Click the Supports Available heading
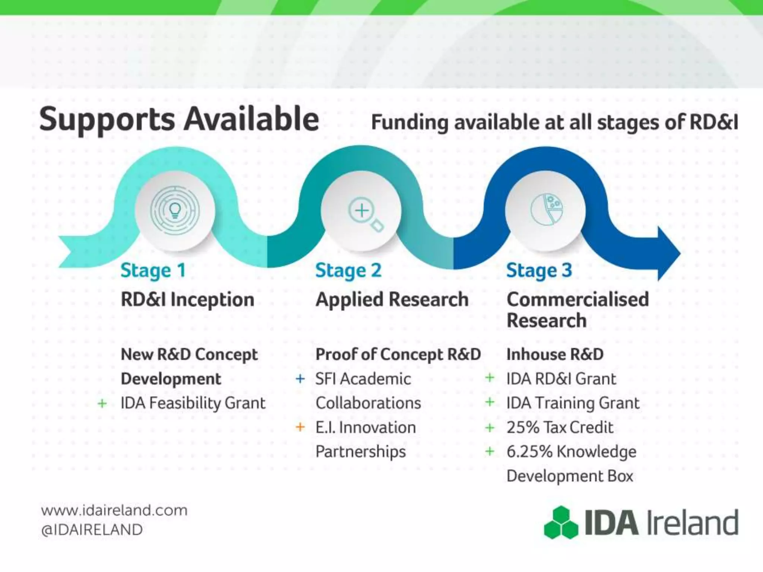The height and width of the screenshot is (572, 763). (x=179, y=119)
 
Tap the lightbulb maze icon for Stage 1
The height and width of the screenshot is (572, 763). (x=175, y=211)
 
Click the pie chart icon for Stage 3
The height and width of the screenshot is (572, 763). (x=547, y=210)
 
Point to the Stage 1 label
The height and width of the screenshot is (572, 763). (x=153, y=270)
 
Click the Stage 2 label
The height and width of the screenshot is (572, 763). (x=348, y=270)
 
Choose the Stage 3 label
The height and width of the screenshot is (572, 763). (x=539, y=270)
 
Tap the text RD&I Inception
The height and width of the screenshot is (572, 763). (x=187, y=300)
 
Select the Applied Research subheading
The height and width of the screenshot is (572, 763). (x=392, y=300)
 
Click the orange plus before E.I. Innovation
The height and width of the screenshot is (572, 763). (x=300, y=427)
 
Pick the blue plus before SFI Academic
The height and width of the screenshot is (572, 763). (x=300, y=379)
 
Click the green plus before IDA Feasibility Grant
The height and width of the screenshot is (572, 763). (x=102, y=403)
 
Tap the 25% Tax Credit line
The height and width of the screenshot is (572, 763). (x=559, y=428)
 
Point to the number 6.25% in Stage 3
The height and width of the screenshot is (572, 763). (x=529, y=452)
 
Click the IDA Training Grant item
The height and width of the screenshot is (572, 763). (x=573, y=403)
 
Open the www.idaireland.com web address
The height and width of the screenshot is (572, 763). (x=114, y=510)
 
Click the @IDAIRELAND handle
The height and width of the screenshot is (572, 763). (x=92, y=530)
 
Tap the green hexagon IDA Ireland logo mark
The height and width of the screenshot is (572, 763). (x=561, y=522)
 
